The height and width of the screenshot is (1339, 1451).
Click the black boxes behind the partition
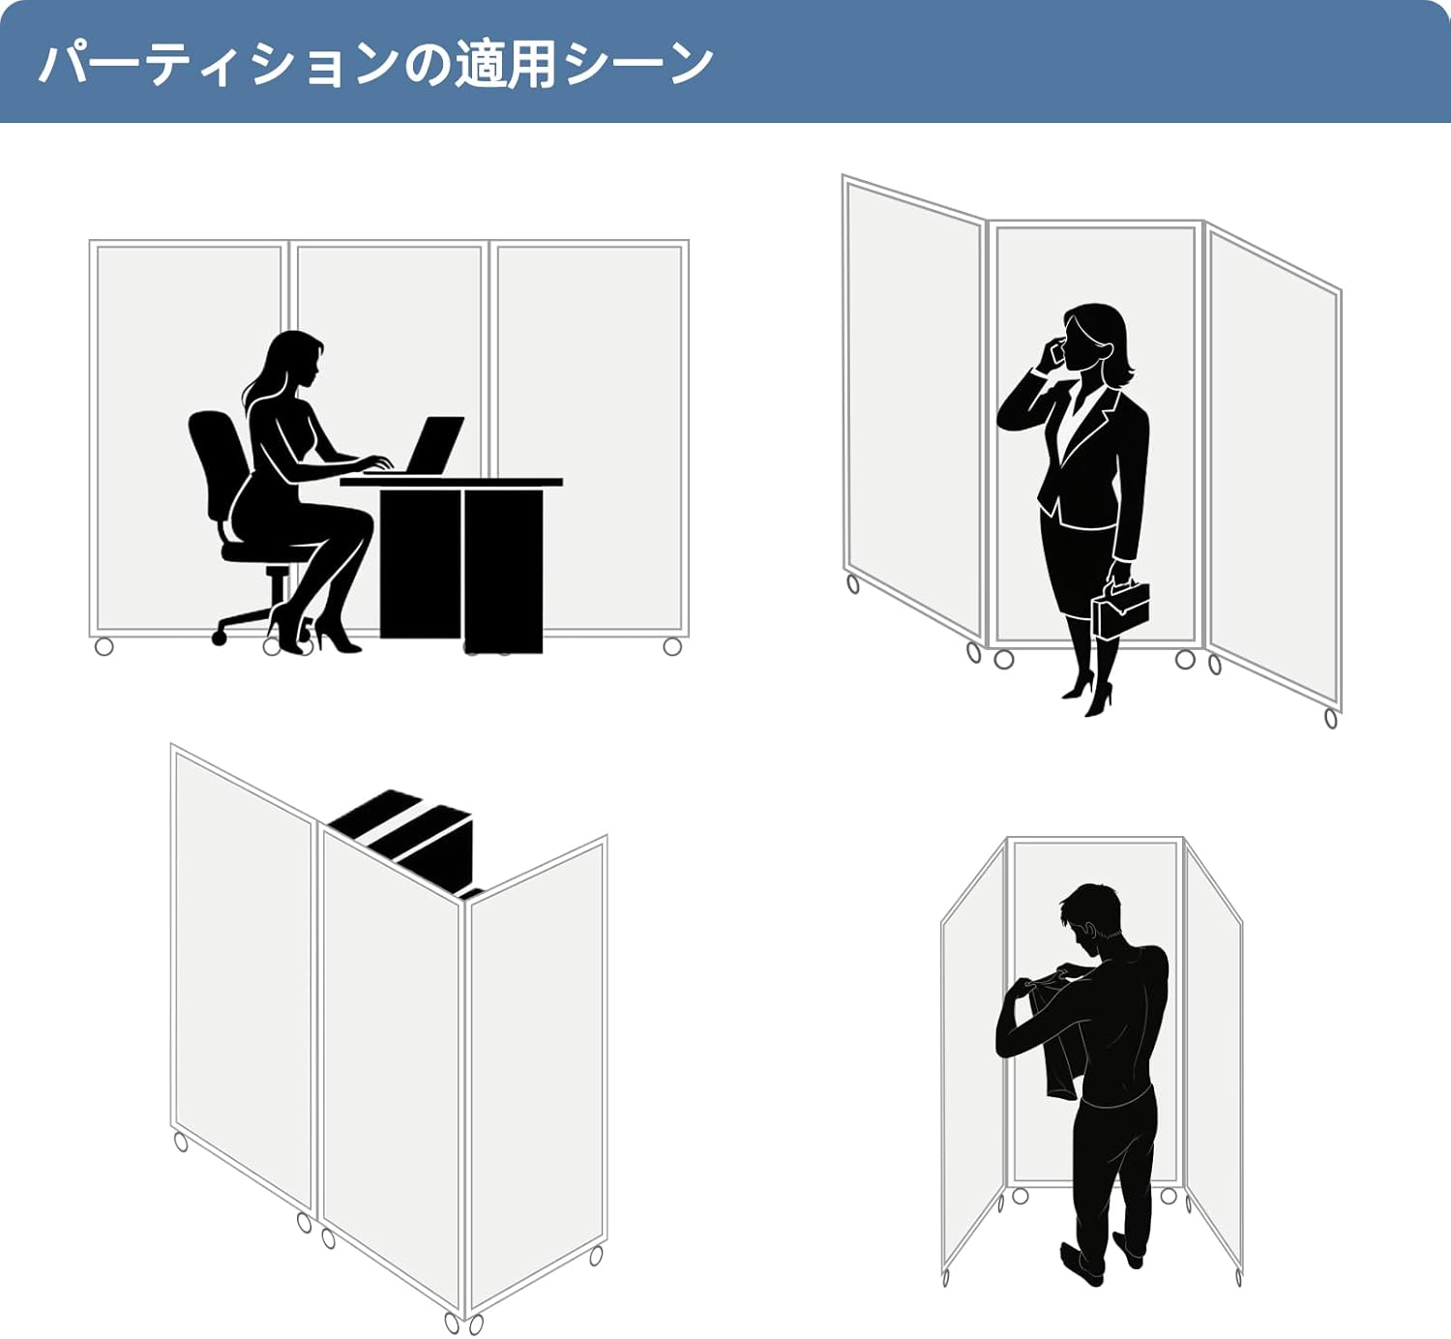(406, 841)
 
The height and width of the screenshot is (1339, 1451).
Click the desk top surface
(452, 483)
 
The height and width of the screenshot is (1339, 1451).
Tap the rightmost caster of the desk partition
(672, 647)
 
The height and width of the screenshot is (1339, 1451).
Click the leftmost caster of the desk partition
(104, 647)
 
